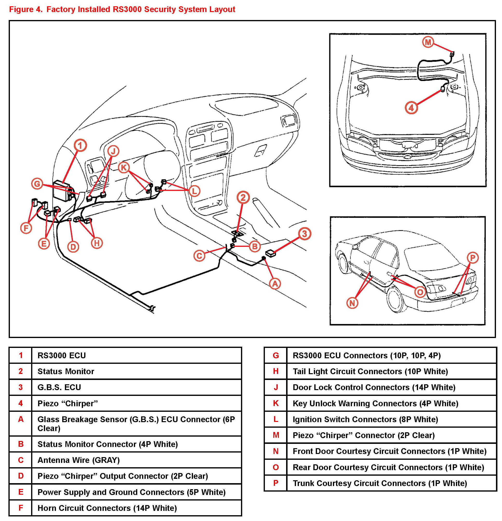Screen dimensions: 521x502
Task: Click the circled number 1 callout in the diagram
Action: tap(80, 145)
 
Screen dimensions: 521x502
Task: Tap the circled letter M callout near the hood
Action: tap(428, 42)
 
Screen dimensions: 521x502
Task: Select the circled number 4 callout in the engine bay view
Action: tap(411, 108)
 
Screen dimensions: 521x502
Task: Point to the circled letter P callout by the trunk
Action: tap(473, 257)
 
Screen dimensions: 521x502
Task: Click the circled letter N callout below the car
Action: tap(352, 303)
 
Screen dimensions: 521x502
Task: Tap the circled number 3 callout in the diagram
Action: tap(304, 234)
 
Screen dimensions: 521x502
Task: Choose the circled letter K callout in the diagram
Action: tap(124, 168)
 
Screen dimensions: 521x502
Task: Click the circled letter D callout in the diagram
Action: tap(73, 247)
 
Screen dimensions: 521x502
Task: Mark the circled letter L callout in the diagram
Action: tap(194, 191)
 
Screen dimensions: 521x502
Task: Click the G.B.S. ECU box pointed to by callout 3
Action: tap(271, 253)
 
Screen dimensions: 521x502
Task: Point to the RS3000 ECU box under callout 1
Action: tap(62, 189)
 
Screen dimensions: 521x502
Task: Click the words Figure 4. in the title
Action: tap(26, 10)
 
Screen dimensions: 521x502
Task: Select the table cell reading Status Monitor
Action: tap(66, 371)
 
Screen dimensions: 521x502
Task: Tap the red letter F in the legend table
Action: tap(21, 508)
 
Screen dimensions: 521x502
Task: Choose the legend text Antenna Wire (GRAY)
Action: tap(78, 460)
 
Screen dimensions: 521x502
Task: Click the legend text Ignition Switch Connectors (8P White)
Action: tap(365, 420)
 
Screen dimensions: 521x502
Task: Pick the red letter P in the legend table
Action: tap(276, 483)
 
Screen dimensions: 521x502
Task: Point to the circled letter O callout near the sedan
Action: tap(420, 292)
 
